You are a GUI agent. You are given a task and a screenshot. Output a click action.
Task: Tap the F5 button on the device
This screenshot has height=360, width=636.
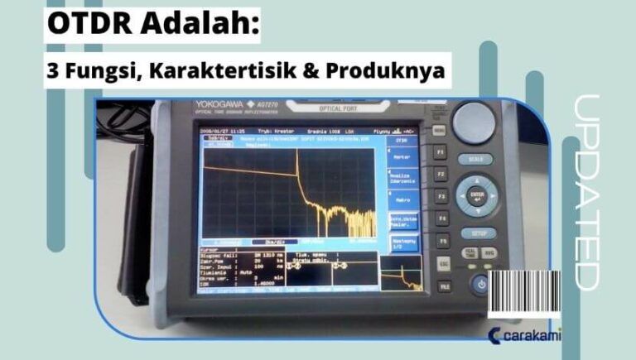coord(441,242)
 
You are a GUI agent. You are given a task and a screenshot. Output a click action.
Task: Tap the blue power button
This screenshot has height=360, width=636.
coord(480,286)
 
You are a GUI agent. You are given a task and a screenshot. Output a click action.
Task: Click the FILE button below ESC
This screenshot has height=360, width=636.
coord(444,286)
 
